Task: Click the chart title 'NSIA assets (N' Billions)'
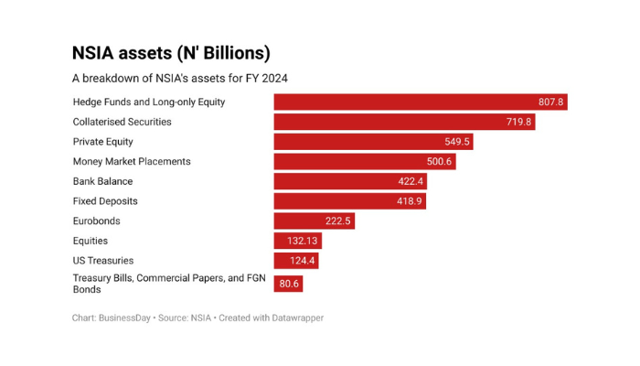pyautogui.click(x=171, y=53)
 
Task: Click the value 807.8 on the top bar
pyautogui.click(x=550, y=102)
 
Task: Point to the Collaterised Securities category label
pyautogui.click(x=122, y=122)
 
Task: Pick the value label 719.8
pyautogui.click(x=518, y=122)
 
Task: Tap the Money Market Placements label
pyautogui.click(x=132, y=162)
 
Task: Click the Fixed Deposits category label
pyautogui.click(x=104, y=201)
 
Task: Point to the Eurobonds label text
pyautogui.click(x=96, y=221)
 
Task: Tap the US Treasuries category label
pyautogui.click(x=103, y=261)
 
